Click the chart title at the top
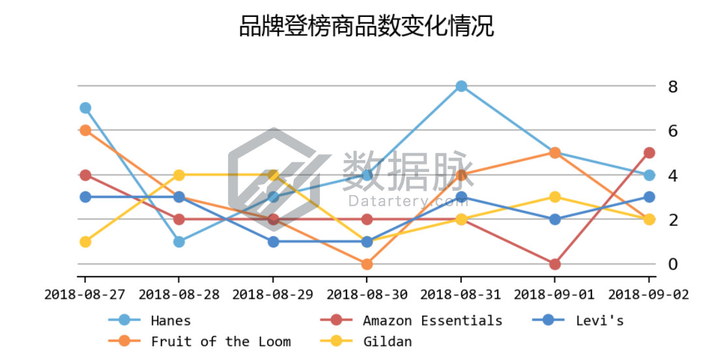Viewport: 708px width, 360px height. pyautogui.click(x=367, y=27)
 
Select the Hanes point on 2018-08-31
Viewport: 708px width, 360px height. pyautogui.click(x=461, y=86)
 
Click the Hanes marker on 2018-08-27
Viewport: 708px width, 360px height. pyautogui.click(x=85, y=108)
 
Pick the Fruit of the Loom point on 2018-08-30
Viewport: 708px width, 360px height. pyautogui.click(x=367, y=264)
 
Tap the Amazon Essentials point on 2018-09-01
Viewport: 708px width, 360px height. pyautogui.click(x=555, y=264)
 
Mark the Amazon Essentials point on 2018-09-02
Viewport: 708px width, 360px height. pyautogui.click(x=649, y=153)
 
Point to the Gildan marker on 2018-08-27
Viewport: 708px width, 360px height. pyautogui.click(x=85, y=242)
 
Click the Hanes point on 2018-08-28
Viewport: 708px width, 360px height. pyautogui.click(x=179, y=242)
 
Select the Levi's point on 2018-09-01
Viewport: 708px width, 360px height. pyautogui.click(x=555, y=219)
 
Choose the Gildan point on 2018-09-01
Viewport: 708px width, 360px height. pyautogui.click(x=555, y=197)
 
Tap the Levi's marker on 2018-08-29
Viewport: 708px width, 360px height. pyautogui.click(x=273, y=242)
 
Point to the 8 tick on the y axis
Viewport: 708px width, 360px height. pyautogui.click(x=673, y=87)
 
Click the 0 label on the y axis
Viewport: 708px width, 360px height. pyautogui.click(x=673, y=264)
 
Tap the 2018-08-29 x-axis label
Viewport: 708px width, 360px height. pyautogui.click(x=273, y=295)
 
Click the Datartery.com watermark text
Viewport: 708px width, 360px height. pyautogui.click(x=408, y=201)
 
